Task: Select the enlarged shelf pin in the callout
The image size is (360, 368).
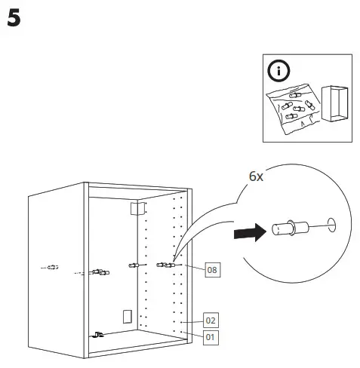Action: click(x=285, y=228)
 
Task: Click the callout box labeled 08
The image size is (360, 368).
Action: click(x=212, y=269)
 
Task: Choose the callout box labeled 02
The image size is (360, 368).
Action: click(x=212, y=319)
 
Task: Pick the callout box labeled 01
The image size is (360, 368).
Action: click(x=212, y=336)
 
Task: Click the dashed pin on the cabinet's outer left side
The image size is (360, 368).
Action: click(x=50, y=268)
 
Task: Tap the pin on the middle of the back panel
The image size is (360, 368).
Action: click(x=134, y=265)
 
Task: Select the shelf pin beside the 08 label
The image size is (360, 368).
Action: click(x=165, y=264)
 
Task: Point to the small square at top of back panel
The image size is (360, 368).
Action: click(x=137, y=208)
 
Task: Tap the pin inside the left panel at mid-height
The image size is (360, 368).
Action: click(x=97, y=271)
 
